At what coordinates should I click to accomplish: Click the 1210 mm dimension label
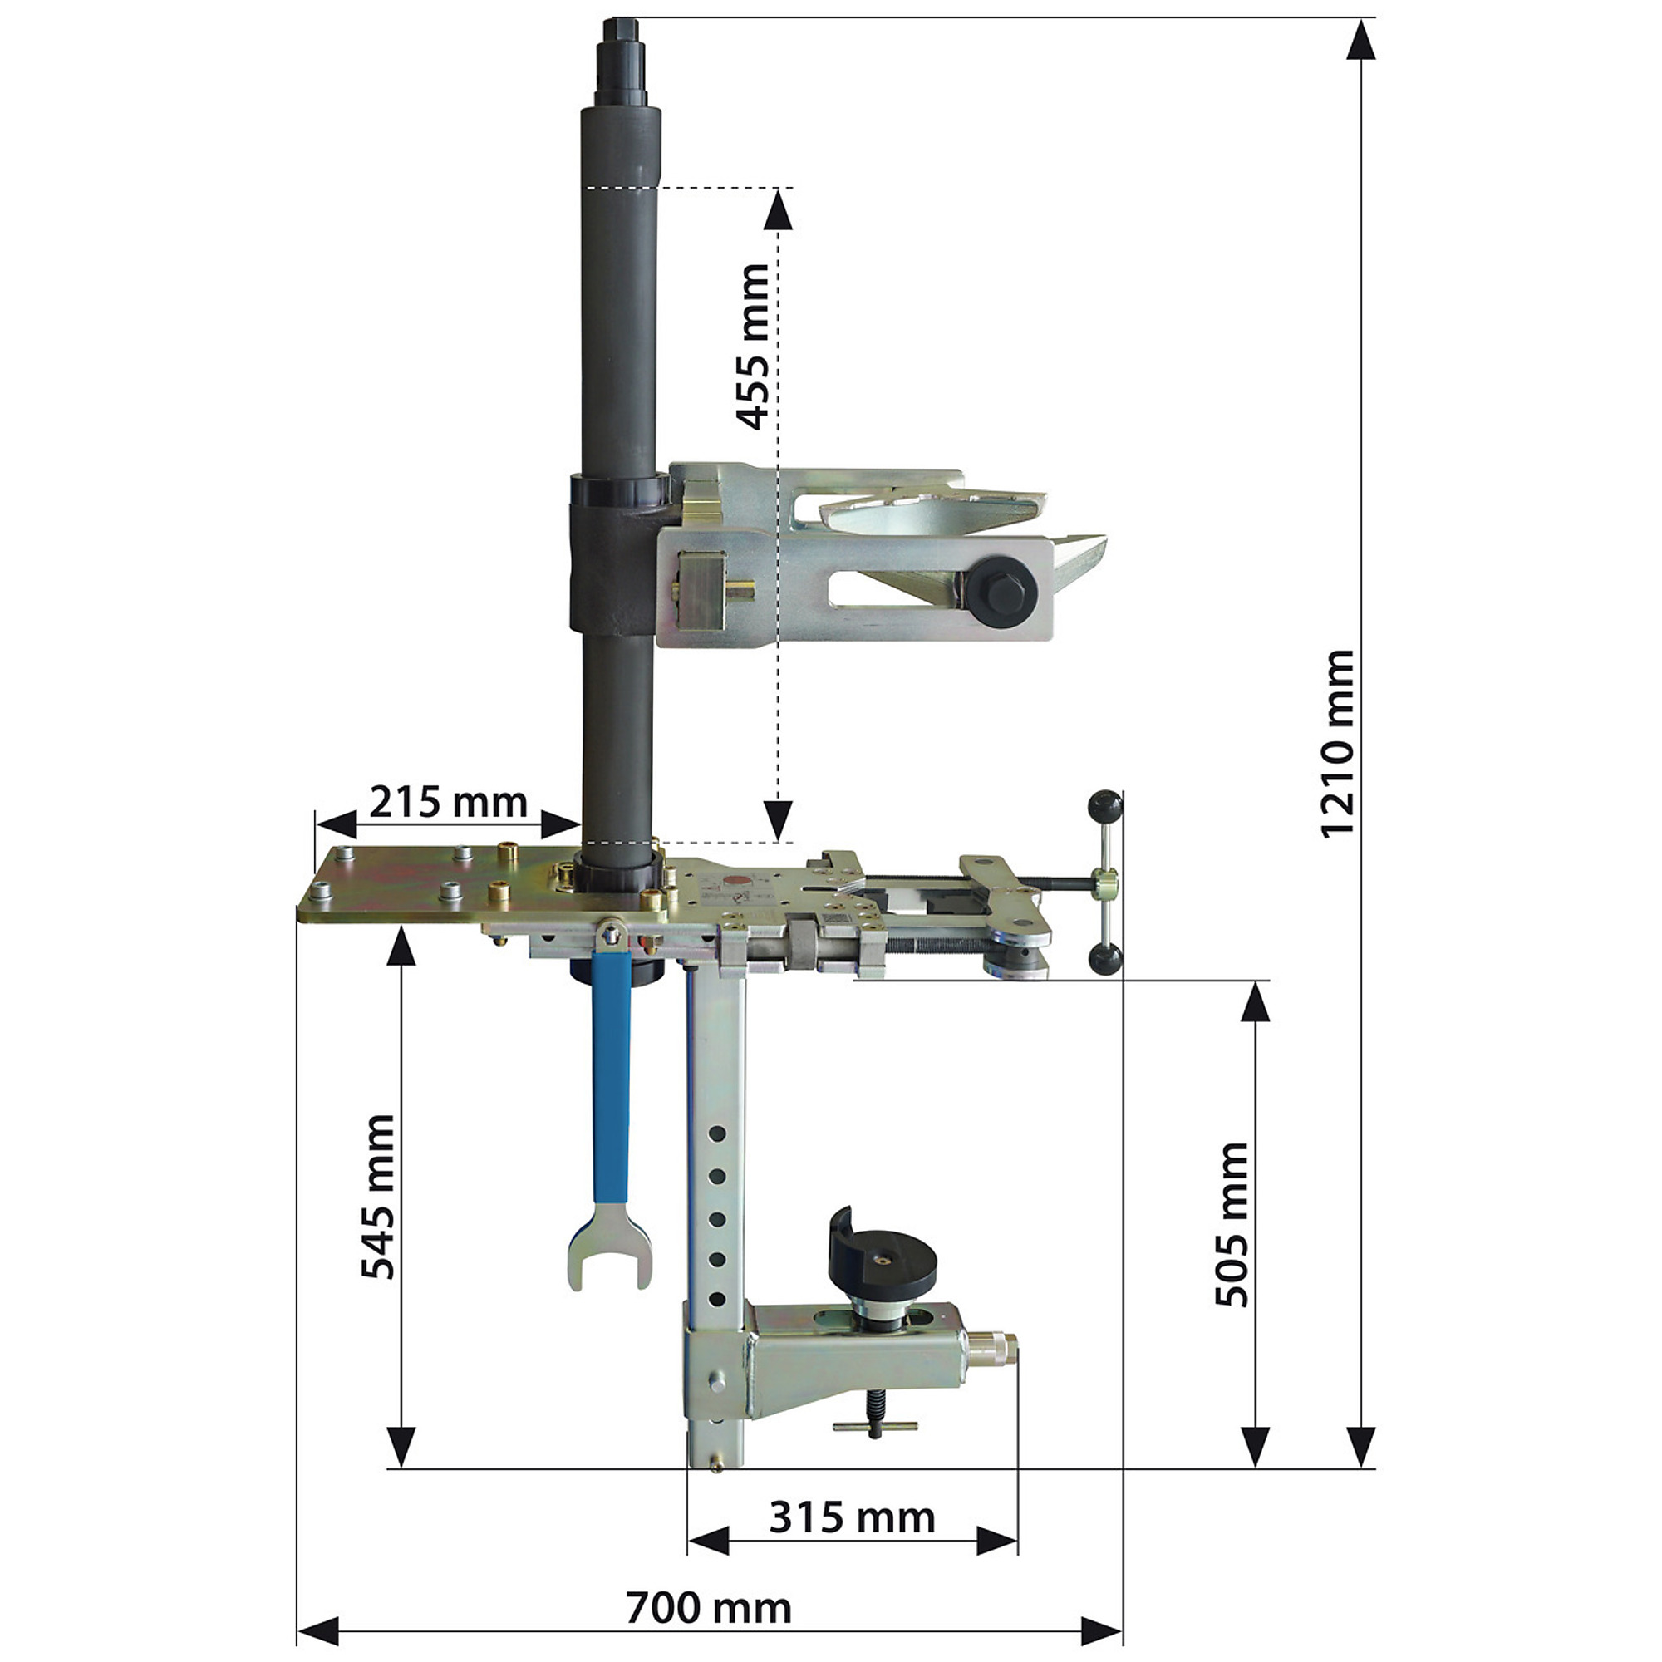pos(1337,743)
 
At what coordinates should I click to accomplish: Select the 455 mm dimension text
pos(754,346)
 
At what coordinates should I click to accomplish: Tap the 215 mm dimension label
pos(448,803)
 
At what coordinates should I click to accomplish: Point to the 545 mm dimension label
pos(377,1197)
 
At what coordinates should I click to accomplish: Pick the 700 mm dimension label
pos(708,1607)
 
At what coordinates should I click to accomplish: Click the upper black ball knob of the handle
pos(1105,807)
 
